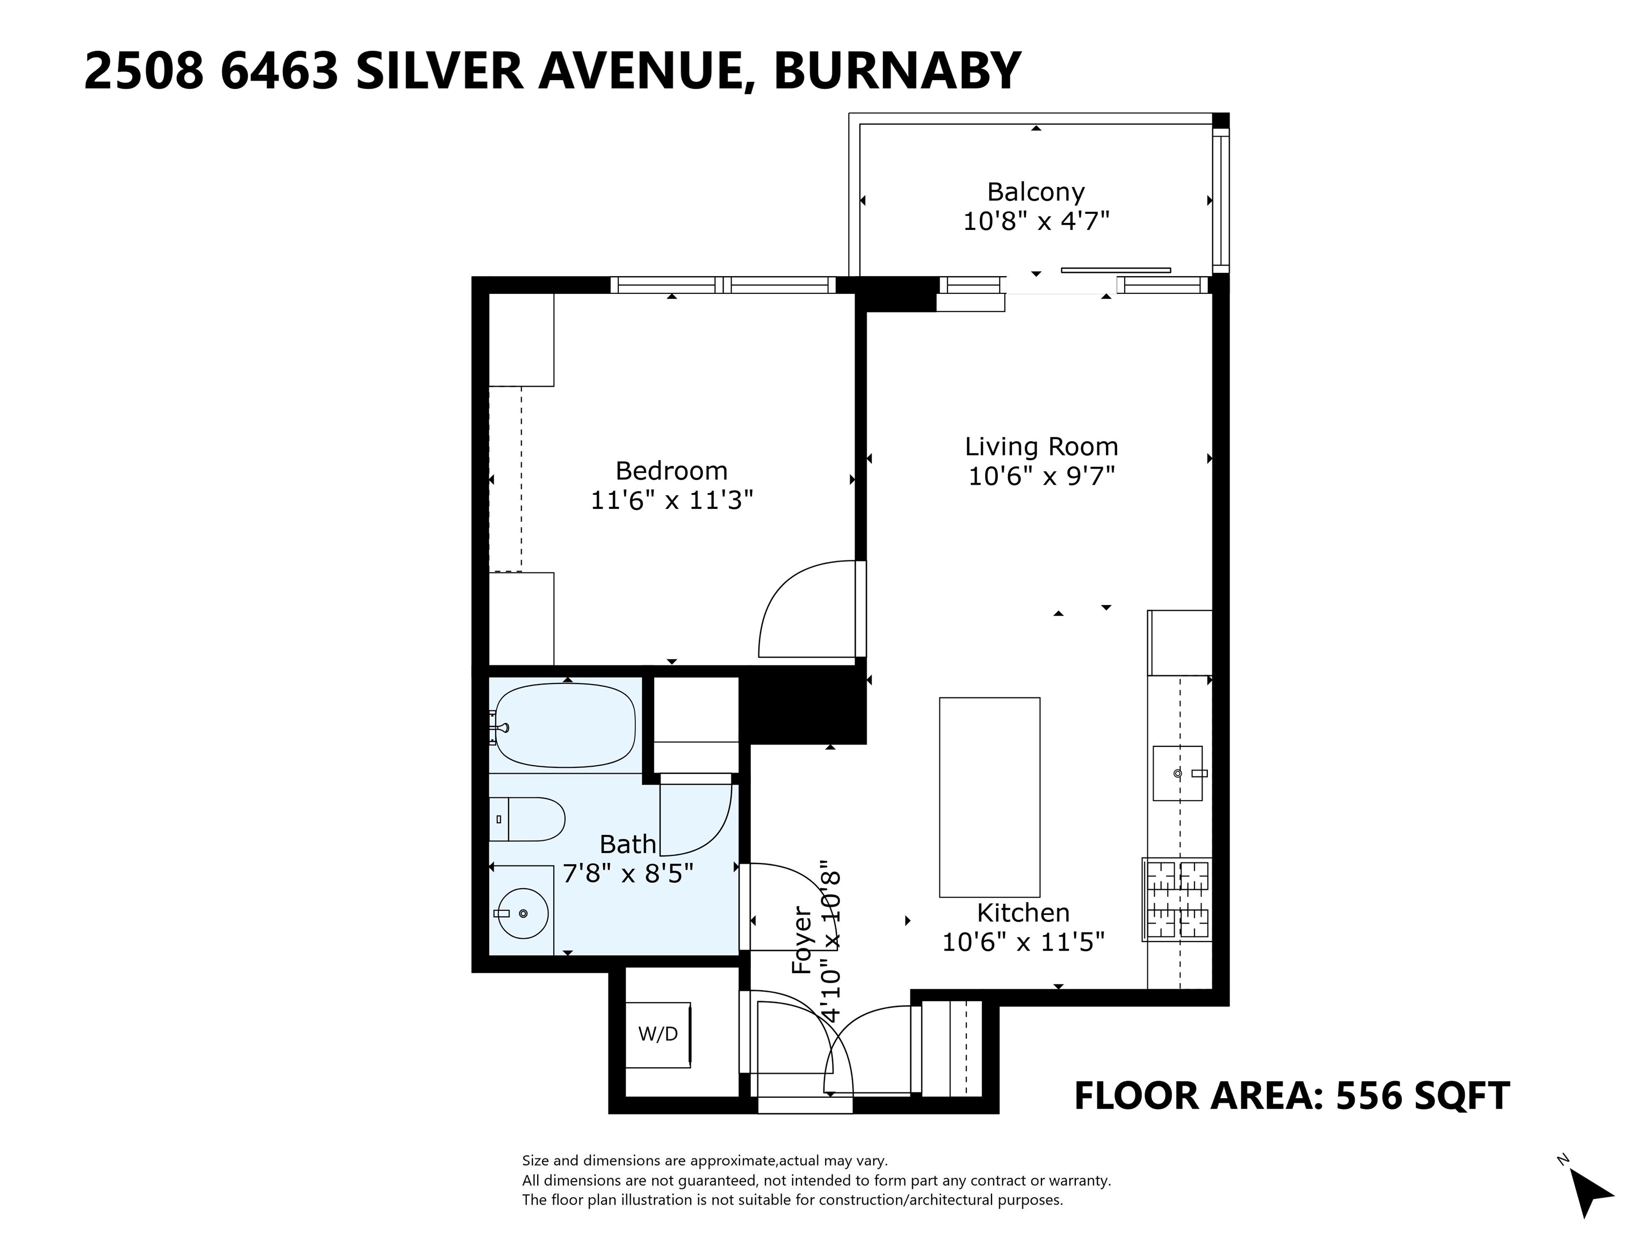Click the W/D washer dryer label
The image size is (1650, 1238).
coord(658,1034)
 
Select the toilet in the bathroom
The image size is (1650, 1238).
coord(526,819)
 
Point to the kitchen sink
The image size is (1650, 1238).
coord(1178,773)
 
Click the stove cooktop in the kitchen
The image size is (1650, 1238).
coord(1176,899)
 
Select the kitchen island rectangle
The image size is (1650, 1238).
coord(989,797)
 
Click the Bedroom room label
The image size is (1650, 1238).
coord(671,471)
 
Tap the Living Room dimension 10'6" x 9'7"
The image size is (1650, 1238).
coord(1041,476)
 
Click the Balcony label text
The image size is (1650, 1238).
coord(1036,192)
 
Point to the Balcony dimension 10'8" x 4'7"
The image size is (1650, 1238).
coord(1036,221)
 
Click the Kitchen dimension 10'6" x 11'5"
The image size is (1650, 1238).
coord(1023,942)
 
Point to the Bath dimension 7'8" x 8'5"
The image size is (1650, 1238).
coord(628,873)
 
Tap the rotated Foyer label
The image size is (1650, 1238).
coord(801,940)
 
